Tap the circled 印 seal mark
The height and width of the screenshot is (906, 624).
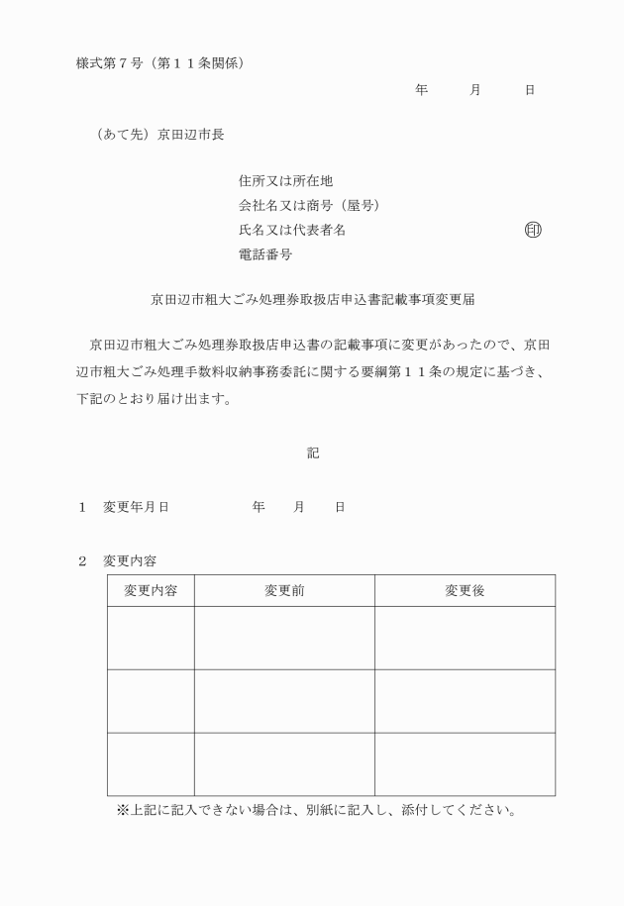[x=533, y=230]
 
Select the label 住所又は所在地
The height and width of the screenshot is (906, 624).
[x=285, y=181]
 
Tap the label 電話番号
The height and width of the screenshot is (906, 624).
[x=265, y=254]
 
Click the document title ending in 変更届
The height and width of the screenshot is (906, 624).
[x=312, y=297]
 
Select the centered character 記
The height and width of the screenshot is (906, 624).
[x=312, y=453]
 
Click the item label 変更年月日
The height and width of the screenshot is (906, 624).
[x=136, y=507]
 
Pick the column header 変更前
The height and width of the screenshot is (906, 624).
[x=284, y=591]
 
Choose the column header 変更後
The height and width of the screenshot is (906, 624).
[x=465, y=591]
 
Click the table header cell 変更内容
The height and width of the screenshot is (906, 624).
[x=151, y=591]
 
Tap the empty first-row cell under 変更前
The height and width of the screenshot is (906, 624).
[x=284, y=638]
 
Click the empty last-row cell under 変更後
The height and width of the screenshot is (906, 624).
[x=465, y=763]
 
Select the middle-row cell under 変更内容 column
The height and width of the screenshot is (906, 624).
[x=151, y=701]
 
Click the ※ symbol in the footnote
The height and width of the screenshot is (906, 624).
[x=123, y=810]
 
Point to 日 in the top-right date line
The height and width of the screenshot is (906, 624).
[x=530, y=90]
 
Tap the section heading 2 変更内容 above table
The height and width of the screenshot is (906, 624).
[x=124, y=560]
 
